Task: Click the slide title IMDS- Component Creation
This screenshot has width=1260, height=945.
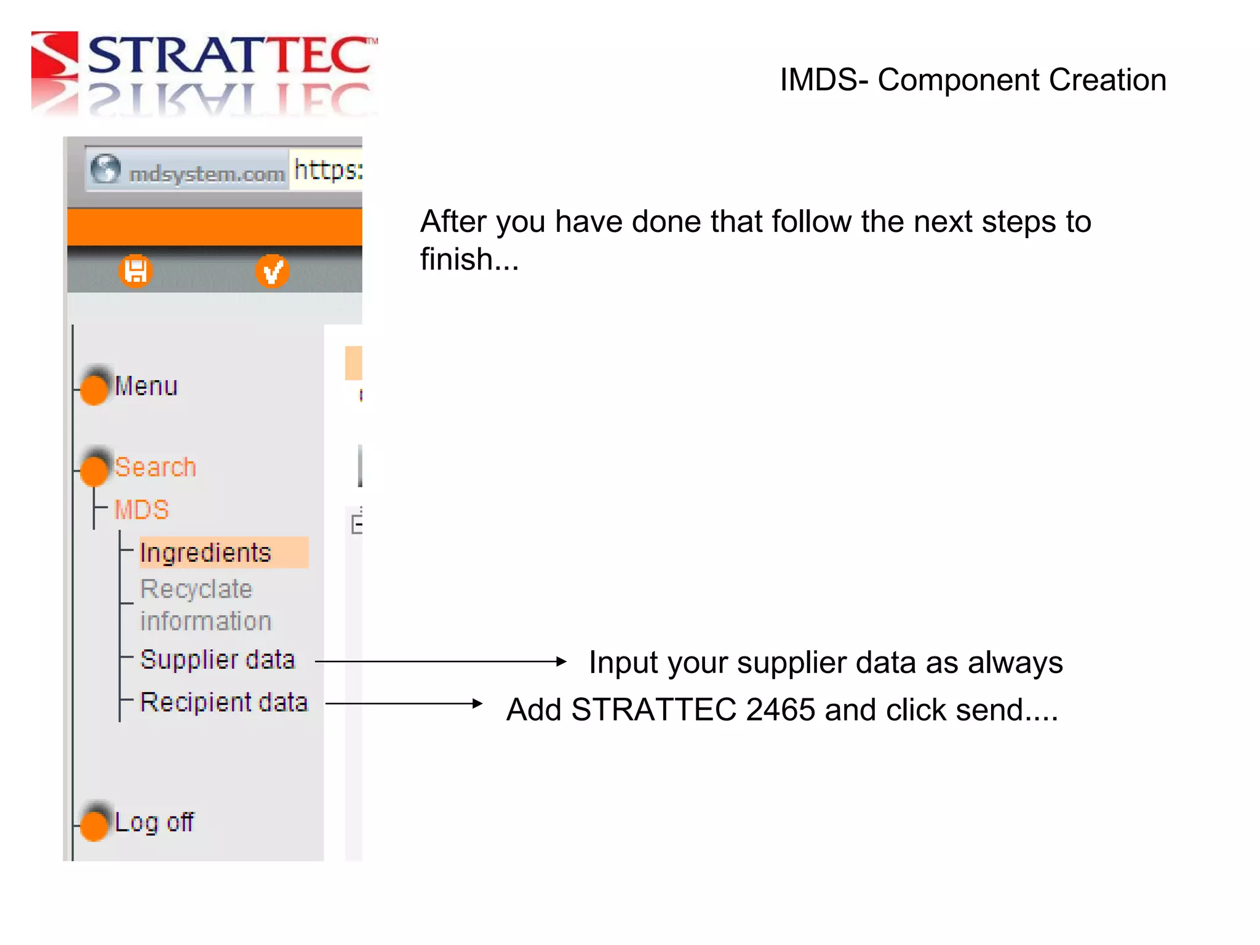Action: coord(972,80)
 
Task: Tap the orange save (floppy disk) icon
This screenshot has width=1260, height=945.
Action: coord(135,271)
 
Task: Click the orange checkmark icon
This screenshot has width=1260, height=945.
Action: coord(272,271)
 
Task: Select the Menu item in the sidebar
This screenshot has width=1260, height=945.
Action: coord(146,386)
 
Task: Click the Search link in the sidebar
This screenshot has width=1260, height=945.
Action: coord(155,468)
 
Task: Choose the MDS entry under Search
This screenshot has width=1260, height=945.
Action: coord(142,510)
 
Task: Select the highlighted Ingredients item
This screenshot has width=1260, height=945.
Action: coord(205,552)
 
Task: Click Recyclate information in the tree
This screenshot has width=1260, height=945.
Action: coord(205,605)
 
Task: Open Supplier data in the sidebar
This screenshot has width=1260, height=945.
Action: coord(217,660)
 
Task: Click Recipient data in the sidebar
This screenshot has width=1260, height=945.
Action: coord(223,703)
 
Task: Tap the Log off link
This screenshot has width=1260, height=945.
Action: coord(154,823)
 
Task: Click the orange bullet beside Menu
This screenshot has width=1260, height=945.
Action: coord(94,389)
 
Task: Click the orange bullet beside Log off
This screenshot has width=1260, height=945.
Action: coord(94,825)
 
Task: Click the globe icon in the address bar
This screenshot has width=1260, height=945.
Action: coord(105,169)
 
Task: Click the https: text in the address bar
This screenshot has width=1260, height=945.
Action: coord(327,170)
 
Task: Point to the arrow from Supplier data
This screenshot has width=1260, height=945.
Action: coord(440,662)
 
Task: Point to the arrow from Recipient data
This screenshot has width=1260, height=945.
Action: coord(404,703)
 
